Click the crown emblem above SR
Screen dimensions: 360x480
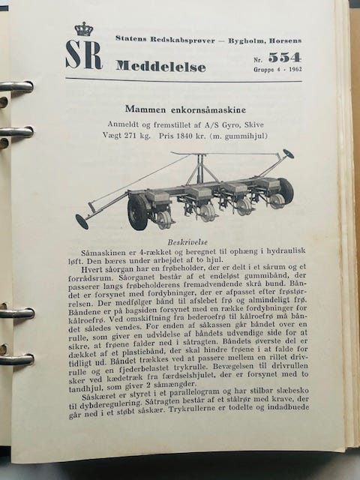pos(83,29)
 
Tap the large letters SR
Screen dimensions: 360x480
pos(83,55)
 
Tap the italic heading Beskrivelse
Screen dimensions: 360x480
pos(186,243)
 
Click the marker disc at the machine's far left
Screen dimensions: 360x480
pos(82,221)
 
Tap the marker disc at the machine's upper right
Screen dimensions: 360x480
pos(288,154)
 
